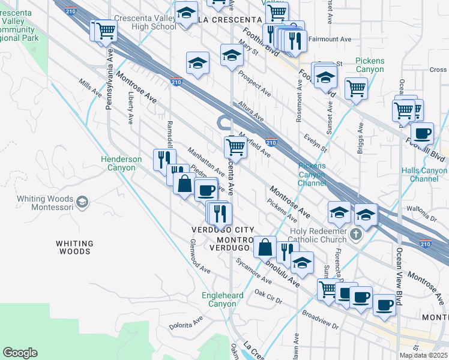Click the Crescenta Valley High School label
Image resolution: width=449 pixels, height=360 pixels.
[x=145, y=23]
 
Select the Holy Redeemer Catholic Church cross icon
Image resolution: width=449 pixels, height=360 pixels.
[x=357, y=233]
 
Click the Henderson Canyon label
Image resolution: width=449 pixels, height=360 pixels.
[x=121, y=163]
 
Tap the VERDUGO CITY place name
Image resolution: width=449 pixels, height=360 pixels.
[x=223, y=230]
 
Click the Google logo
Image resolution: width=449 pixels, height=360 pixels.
[x=20, y=353]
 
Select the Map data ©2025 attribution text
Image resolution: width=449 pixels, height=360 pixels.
[x=423, y=355]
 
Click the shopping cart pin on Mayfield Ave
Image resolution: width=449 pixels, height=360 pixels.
[x=236, y=146]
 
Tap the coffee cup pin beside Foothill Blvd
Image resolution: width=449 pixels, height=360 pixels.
[x=421, y=133]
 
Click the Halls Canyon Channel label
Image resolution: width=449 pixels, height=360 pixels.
[x=424, y=175]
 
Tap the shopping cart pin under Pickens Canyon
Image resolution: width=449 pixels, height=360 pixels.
[x=356, y=88]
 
